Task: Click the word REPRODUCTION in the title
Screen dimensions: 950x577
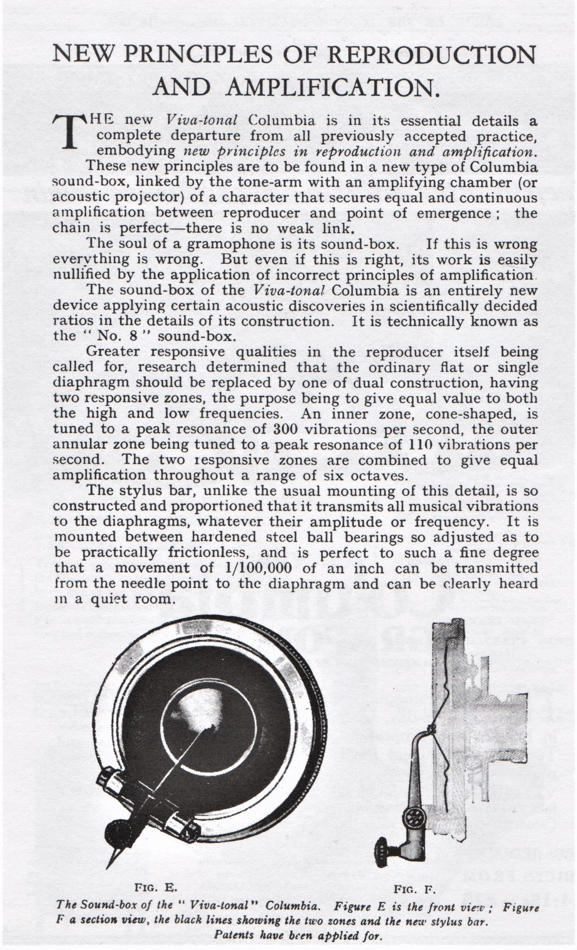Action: pyautogui.click(x=430, y=55)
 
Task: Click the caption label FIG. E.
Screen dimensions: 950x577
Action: pyautogui.click(x=155, y=887)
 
